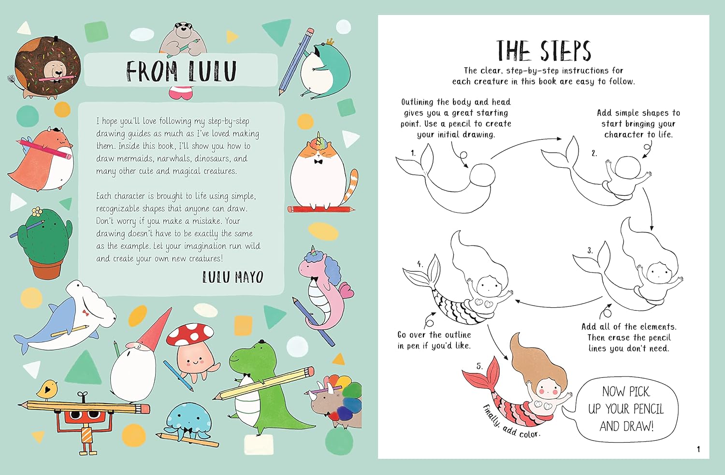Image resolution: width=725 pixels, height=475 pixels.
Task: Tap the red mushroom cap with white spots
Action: point(190,335)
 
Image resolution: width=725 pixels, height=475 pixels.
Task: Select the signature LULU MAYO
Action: point(232,277)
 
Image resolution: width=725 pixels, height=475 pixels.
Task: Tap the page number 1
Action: point(698,449)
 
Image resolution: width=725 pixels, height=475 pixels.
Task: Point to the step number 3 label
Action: point(590,250)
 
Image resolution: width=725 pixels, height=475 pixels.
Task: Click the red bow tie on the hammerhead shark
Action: point(86,313)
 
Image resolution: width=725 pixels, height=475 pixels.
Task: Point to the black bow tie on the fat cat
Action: point(319,161)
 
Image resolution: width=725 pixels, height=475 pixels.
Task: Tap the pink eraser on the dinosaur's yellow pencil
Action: point(309,371)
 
